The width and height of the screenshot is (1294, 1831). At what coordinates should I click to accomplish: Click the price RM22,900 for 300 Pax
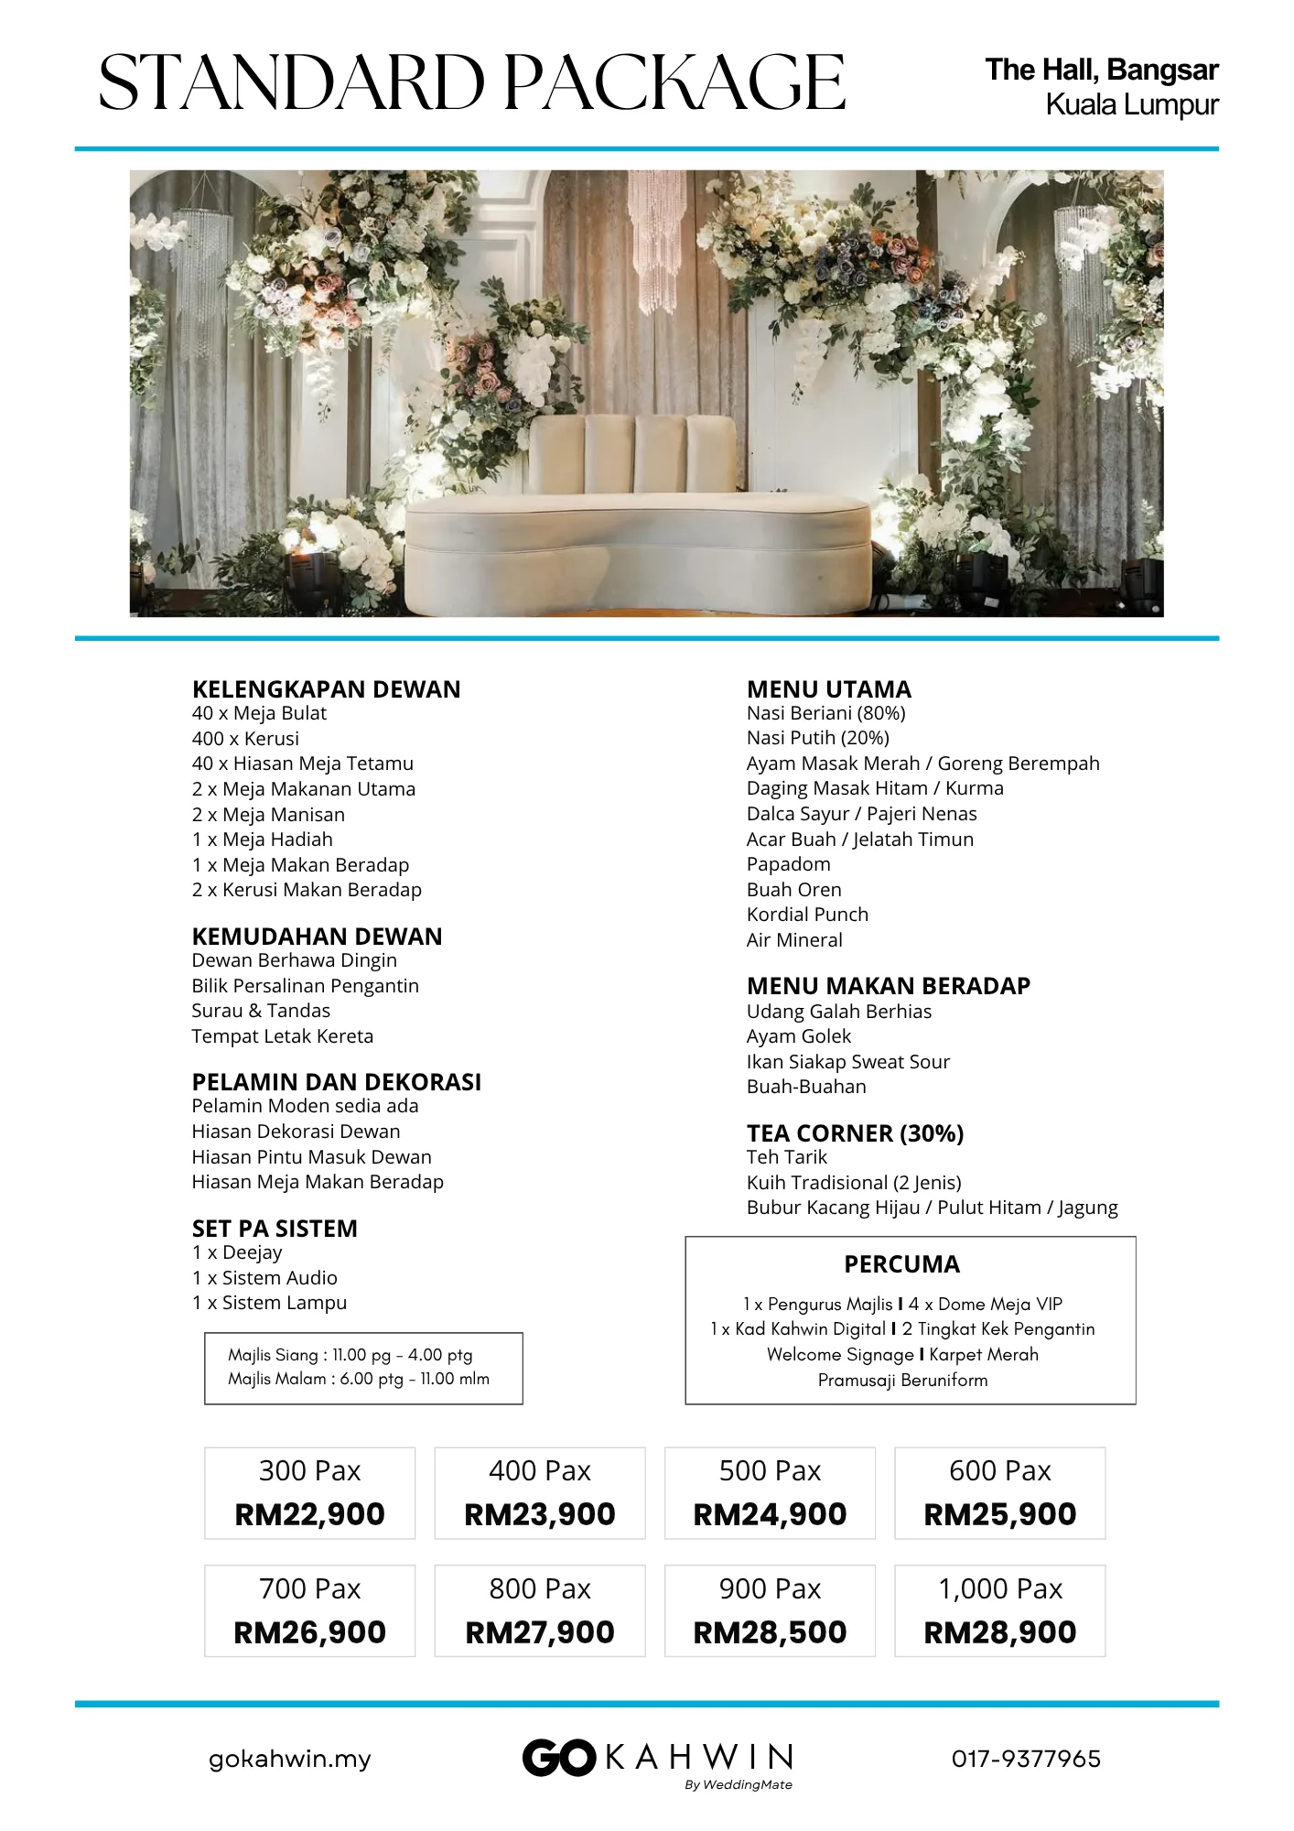point(309,1514)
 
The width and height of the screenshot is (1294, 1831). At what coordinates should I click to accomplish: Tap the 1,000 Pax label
point(999,1588)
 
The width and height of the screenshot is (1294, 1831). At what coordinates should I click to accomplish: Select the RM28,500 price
point(770,1632)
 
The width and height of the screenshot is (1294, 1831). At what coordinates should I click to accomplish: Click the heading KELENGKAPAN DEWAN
point(326,689)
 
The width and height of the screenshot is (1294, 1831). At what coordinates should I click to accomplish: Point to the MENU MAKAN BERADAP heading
point(888,986)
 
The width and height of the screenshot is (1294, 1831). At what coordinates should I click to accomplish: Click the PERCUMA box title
point(901,1264)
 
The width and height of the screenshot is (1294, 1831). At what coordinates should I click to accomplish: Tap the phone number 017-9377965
point(1026,1759)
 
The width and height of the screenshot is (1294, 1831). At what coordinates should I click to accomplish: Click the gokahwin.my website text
point(290,1759)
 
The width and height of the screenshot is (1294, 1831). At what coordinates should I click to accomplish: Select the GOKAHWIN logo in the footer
point(657,1759)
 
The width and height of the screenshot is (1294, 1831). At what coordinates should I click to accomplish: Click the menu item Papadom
point(788,864)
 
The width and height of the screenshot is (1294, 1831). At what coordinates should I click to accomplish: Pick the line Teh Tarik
point(786,1157)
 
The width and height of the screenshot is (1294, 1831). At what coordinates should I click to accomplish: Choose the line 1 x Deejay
point(237,1252)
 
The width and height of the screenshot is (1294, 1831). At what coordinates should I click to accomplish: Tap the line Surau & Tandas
point(261,1011)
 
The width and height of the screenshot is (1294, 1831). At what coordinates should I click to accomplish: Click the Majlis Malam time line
point(359,1379)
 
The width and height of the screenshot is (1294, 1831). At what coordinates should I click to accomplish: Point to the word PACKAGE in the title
point(674,82)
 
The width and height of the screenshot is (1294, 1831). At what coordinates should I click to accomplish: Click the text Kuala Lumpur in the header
point(1131,105)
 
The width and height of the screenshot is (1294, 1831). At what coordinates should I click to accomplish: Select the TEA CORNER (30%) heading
point(855,1133)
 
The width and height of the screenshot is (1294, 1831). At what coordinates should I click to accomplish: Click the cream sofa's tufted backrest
point(631,453)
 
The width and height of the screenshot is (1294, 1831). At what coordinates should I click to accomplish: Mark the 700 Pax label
point(309,1588)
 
